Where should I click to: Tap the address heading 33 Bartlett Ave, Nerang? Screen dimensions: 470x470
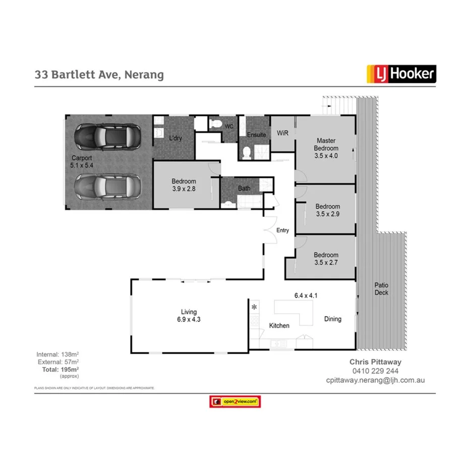click(99, 75)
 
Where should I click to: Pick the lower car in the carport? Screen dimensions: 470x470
click(107, 187)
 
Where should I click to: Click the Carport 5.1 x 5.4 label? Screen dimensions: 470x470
click(81, 161)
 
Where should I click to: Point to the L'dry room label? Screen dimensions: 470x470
click(175, 138)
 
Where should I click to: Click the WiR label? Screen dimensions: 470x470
click(282, 133)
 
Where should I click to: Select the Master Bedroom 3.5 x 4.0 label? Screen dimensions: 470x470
click(326, 148)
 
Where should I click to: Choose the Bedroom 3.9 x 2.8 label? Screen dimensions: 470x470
click(184, 185)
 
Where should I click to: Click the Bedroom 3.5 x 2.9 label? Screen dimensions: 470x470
click(327, 210)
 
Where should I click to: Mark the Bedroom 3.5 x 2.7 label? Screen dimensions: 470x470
click(326, 259)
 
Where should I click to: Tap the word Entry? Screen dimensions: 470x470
click(283, 230)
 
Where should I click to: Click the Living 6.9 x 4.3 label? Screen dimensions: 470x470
click(189, 316)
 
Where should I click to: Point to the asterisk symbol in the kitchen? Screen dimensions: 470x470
click(254, 307)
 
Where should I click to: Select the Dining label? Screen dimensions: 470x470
click(333, 319)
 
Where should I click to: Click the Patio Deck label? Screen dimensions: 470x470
click(381, 289)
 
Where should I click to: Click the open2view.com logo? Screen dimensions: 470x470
click(235, 401)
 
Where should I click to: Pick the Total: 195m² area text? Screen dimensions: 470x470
click(60, 370)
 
